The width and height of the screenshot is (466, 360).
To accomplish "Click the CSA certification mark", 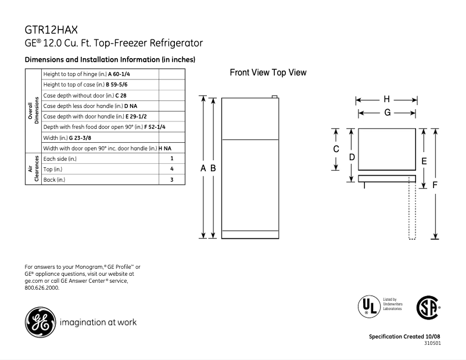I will pos(428,307).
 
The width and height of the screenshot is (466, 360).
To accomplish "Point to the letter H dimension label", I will pos(386,99).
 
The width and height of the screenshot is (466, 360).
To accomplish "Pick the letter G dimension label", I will pos(387,113).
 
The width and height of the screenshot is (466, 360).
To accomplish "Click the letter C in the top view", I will pos(336,149).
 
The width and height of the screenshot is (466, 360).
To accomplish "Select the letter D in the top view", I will pos(352,157).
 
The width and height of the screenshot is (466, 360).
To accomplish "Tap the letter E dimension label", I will pos(424,161).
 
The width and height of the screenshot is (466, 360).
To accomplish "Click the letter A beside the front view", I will pos(203,168).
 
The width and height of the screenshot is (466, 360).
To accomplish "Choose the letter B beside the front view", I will pos(213,168).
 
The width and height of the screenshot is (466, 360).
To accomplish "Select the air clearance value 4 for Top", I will pos(172,169).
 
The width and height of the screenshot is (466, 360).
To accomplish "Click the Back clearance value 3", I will pos(172,180).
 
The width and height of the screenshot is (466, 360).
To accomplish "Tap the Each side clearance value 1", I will pos(172,158).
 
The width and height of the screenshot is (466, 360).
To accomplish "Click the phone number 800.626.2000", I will pos(42,287).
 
